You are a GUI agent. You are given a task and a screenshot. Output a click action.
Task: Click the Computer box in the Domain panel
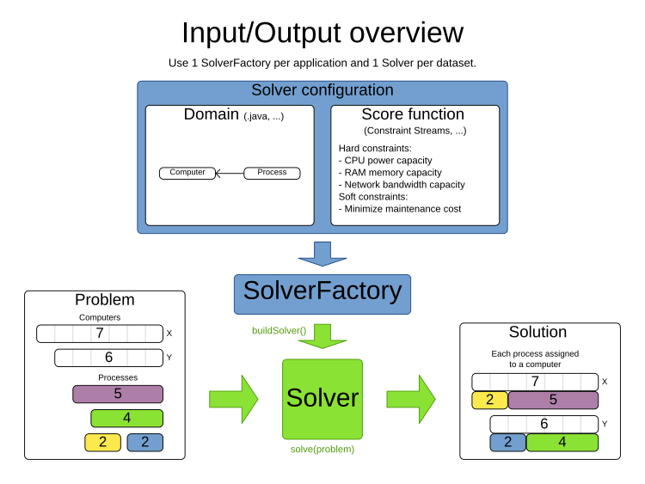tap(187, 173)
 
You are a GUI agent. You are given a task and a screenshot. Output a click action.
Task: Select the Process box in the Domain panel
tap(272, 173)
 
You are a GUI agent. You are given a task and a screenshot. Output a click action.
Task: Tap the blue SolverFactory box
tap(322, 292)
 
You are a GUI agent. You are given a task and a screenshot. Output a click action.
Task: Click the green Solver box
tap(322, 398)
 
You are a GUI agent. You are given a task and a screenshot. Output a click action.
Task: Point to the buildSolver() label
tap(279, 331)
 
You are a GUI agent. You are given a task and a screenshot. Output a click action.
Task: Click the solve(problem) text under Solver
tap(322, 449)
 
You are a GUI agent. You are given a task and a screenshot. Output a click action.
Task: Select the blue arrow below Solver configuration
tap(322, 253)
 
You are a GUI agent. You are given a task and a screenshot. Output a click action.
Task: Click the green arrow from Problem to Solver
tap(233, 398)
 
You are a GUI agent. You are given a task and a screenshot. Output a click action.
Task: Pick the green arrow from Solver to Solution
tap(410, 398)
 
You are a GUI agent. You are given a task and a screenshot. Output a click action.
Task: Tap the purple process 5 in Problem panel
tap(118, 395)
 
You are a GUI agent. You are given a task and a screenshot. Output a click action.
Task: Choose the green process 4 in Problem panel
tap(126, 419)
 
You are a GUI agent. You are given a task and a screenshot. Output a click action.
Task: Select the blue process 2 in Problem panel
tap(144, 443)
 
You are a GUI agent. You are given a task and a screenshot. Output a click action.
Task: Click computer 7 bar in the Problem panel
tap(100, 334)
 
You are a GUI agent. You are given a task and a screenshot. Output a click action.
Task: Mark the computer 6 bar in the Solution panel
tap(544, 424)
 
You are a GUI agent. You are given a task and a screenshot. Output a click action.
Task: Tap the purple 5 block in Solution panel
tap(553, 400)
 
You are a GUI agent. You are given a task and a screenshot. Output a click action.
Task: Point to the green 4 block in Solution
tap(562, 443)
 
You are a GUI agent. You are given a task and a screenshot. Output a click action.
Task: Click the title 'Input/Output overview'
tap(322, 33)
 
